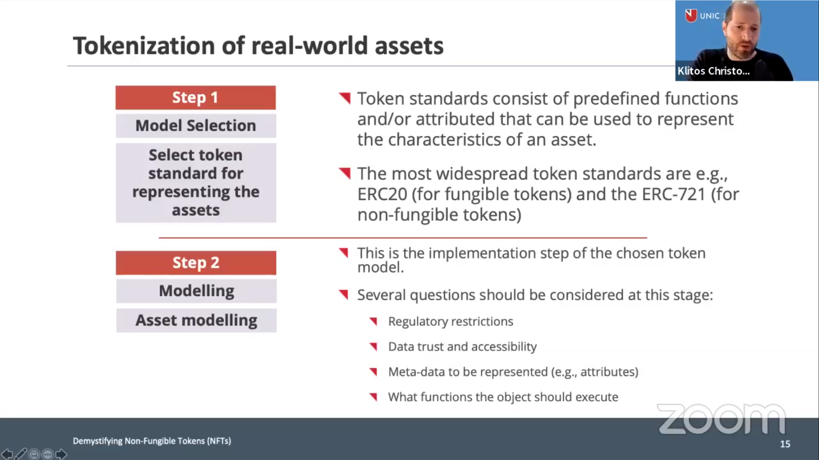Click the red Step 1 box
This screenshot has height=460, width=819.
(x=195, y=98)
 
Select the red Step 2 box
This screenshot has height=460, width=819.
(x=196, y=263)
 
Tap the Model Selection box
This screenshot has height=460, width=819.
(x=196, y=126)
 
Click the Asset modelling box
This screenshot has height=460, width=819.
(x=196, y=320)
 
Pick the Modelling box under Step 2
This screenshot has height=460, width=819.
(x=196, y=291)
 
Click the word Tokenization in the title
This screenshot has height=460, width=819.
(x=144, y=46)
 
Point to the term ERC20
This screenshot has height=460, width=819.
(x=382, y=194)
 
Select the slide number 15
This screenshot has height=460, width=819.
(x=785, y=444)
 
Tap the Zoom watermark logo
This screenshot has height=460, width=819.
(x=721, y=419)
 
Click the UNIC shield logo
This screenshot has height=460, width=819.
(x=691, y=15)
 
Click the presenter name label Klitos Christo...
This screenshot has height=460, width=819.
(x=713, y=71)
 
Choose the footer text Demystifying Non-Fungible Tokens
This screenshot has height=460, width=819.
(x=152, y=441)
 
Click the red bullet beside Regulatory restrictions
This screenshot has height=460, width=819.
(x=374, y=321)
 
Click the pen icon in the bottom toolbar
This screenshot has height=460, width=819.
(x=21, y=454)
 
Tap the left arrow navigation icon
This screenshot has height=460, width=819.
(x=7, y=454)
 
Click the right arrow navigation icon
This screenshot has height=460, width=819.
(x=61, y=454)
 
